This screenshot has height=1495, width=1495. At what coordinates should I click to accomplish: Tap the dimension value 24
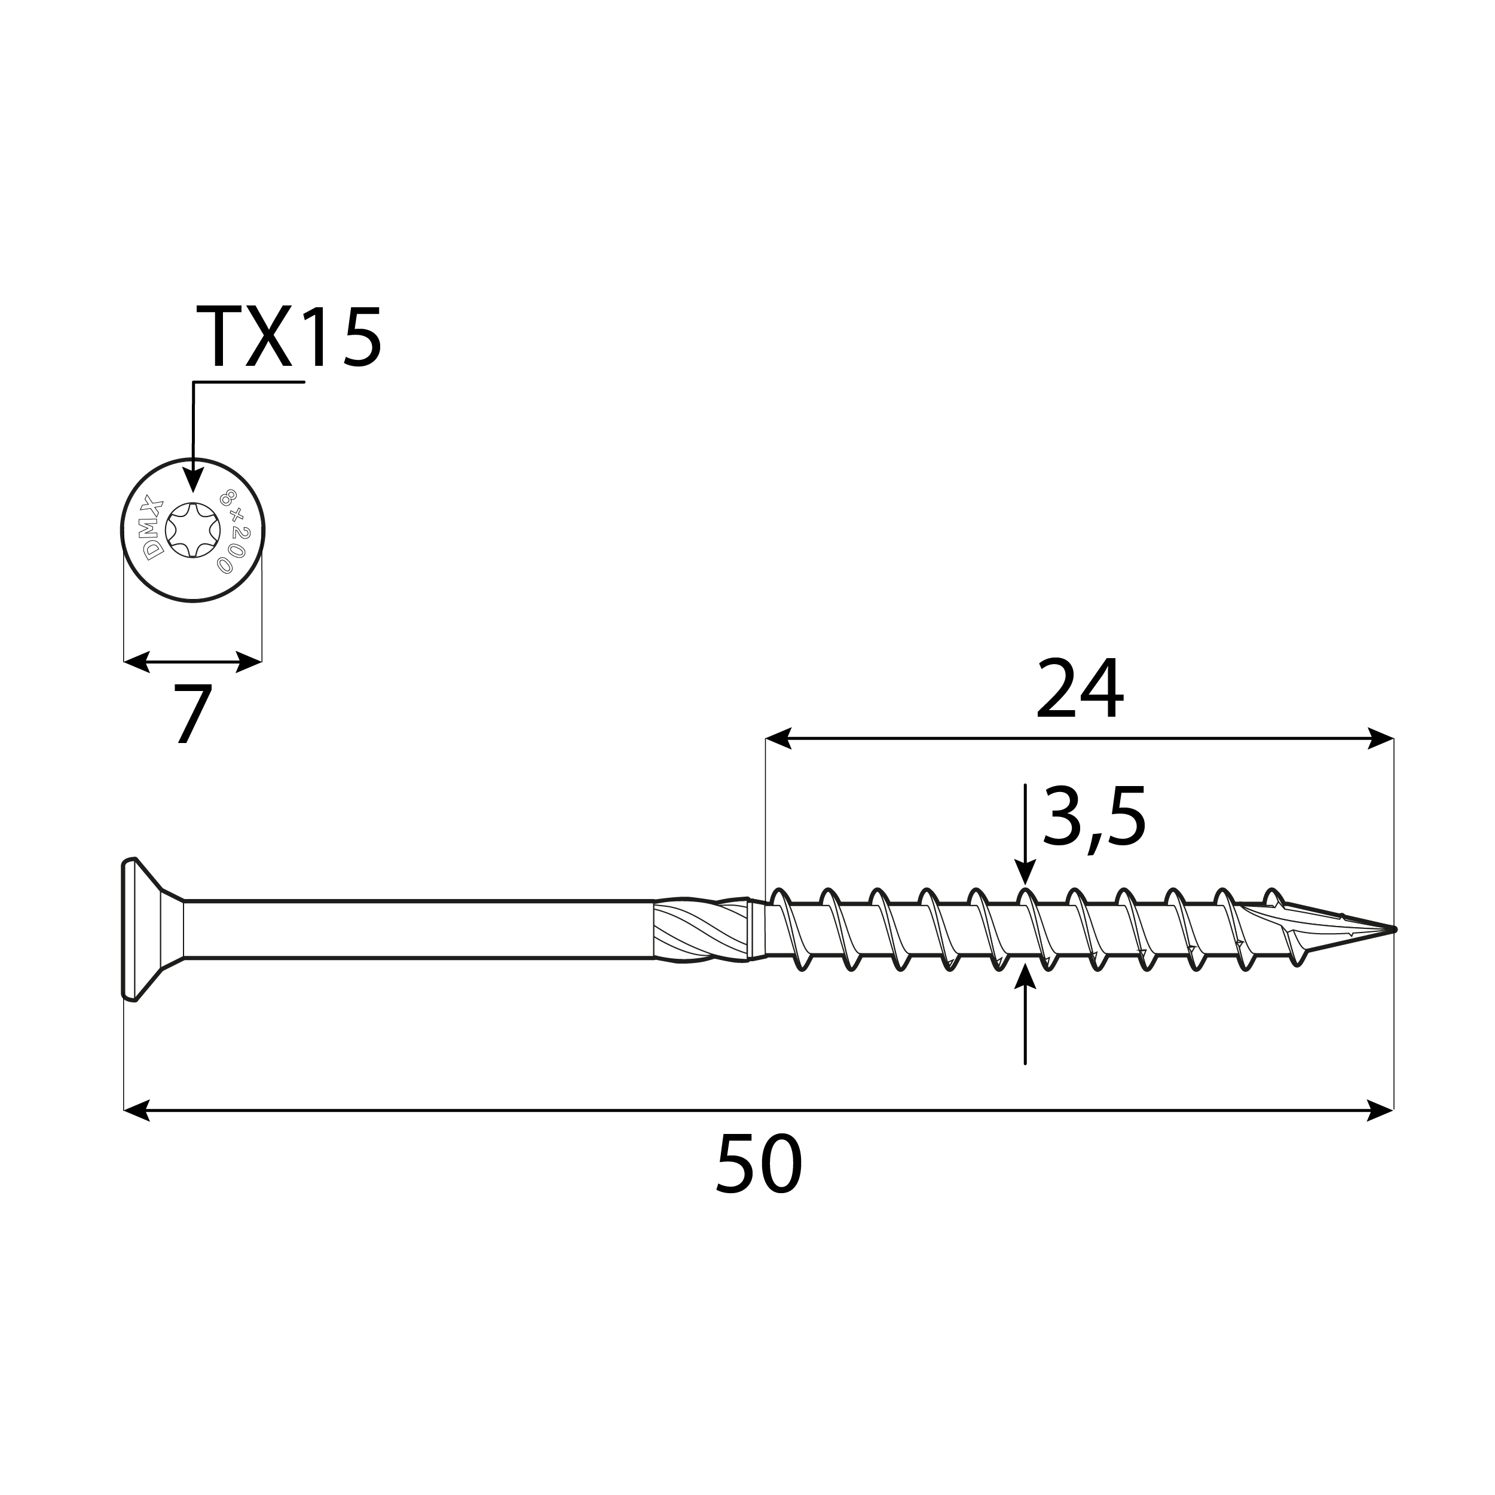[x=1079, y=689]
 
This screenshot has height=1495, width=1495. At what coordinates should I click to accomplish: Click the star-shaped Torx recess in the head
[x=192, y=530]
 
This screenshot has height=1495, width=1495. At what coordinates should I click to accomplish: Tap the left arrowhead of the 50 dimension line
[x=136, y=1111]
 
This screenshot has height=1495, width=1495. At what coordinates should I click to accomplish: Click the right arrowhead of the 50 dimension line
[x=1381, y=1111]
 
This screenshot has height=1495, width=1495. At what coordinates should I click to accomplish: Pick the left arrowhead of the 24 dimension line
[x=778, y=738]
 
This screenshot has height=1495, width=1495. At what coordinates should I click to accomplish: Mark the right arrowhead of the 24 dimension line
[x=1381, y=738]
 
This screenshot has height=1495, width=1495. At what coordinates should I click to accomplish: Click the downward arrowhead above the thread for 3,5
[x=1025, y=874]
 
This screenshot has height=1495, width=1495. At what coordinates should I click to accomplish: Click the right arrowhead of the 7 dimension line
[x=249, y=662]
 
